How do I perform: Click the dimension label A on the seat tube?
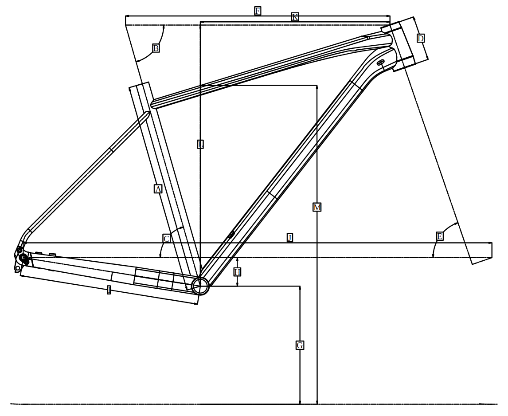pyautogui.click(x=158, y=189)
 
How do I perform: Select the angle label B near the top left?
pyautogui.click(x=156, y=48)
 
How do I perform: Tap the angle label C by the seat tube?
pyautogui.click(x=166, y=239)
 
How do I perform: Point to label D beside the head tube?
pyautogui.click(x=420, y=39)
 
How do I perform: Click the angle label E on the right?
pyautogui.click(x=439, y=236)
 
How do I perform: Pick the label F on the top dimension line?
pyautogui.click(x=258, y=11)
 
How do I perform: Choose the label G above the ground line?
pyautogui.click(x=300, y=345)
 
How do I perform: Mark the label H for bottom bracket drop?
pyautogui.click(x=237, y=272)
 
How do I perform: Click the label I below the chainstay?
pyautogui.click(x=109, y=290)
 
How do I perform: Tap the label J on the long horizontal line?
pyautogui.click(x=289, y=238)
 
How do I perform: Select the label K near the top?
pyautogui.click(x=295, y=17)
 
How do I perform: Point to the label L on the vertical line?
pyautogui.click(x=200, y=144)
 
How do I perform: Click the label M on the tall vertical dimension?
pyautogui.click(x=317, y=208)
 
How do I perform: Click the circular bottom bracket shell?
pyautogui.click(x=200, y=286)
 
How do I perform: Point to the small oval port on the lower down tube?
pyautogui.click(x=231, y=235)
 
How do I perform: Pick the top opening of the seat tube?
pyautogui.click(x=139, y=86)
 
